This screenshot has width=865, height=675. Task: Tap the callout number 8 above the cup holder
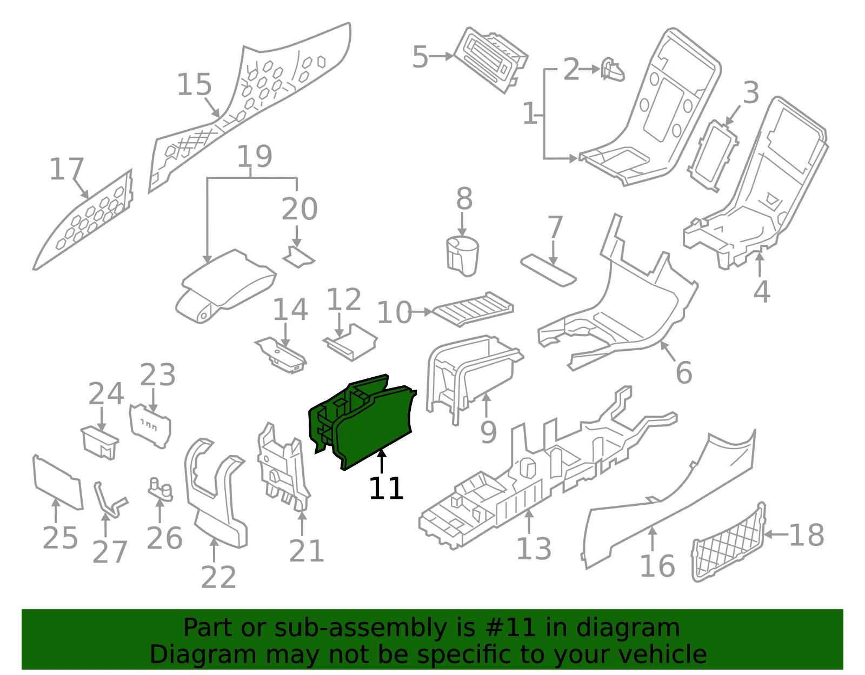pos(464,198)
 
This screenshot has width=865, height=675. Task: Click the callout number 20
pos(300,209)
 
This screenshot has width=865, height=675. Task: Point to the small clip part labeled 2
pos(612,70)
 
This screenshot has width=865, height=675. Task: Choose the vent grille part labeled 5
pos(490,59)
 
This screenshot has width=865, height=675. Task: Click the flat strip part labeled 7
pos(548,270)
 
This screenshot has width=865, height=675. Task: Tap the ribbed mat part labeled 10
pos(473,309)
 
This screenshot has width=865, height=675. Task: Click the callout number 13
pos(534,549)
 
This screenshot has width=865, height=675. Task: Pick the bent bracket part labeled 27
pos(110,500)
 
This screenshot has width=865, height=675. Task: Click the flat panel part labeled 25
pos(58,482)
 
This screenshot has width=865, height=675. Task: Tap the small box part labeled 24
pos(99,442)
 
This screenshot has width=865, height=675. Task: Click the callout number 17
pos(66,169)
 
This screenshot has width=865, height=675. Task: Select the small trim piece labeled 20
pos(298,257)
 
